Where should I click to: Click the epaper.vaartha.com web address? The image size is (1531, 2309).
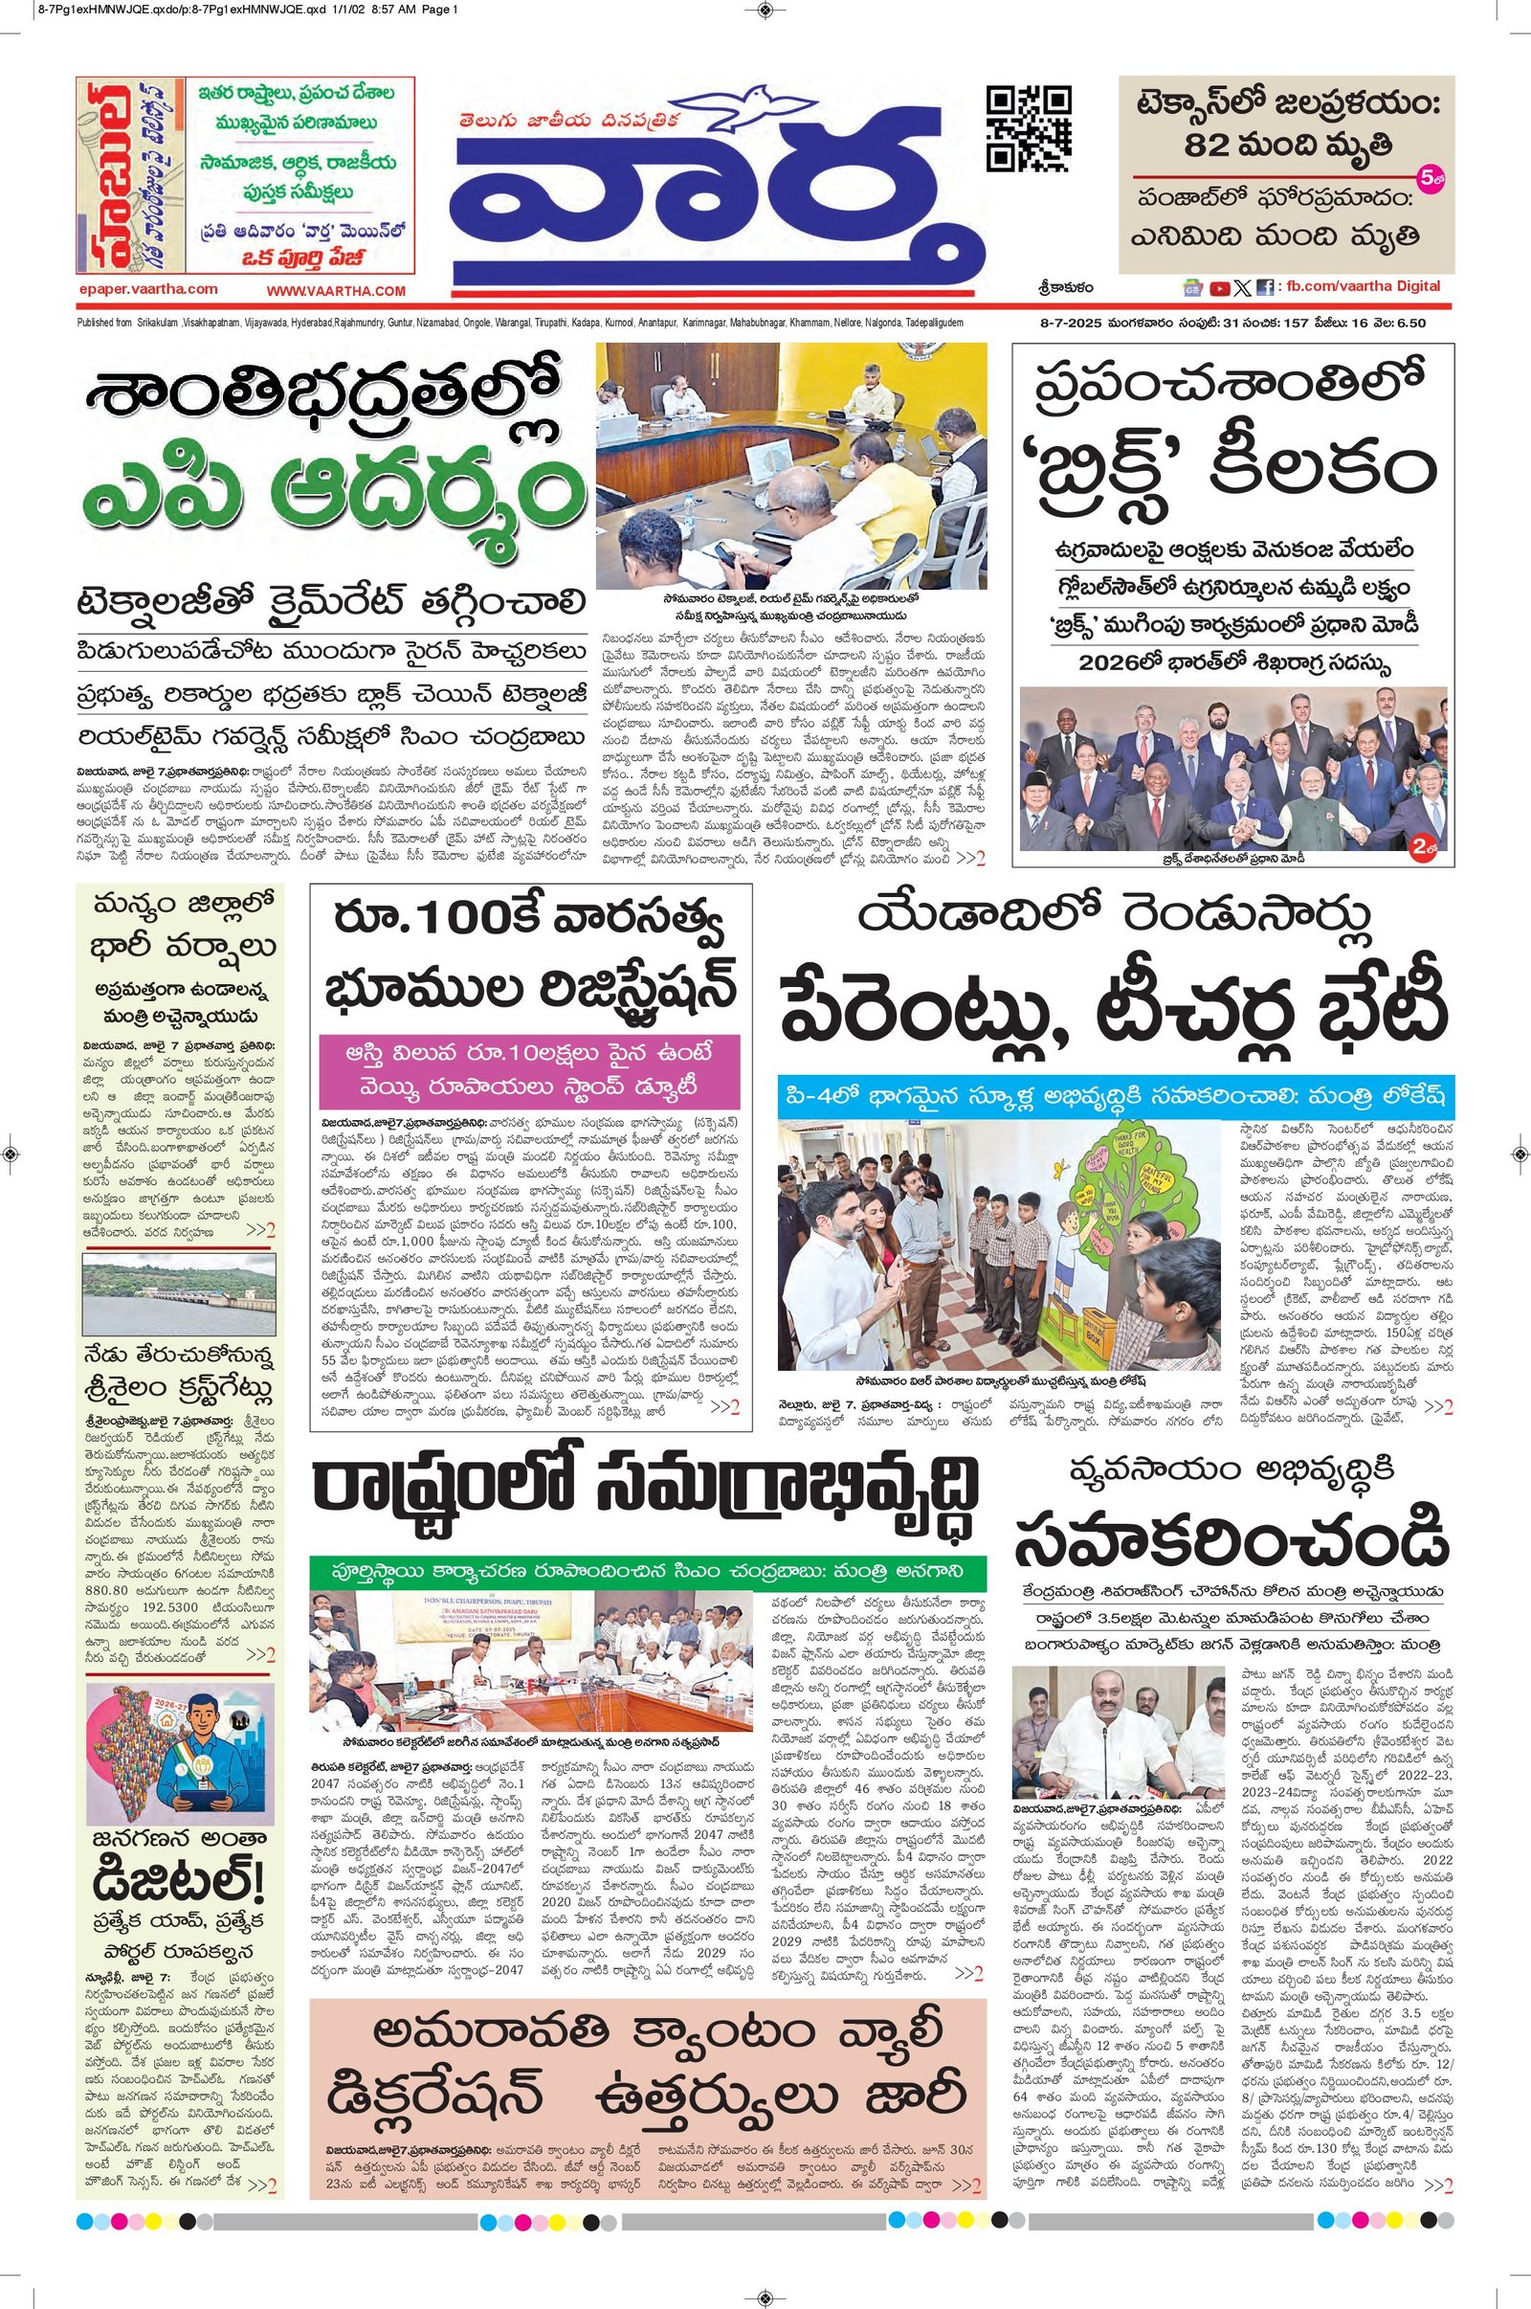pos(148,289)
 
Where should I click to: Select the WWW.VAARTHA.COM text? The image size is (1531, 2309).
pos(336,291)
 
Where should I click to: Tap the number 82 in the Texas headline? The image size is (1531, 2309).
pos(1210,146)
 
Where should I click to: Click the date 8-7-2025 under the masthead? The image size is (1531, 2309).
pos(1069,324)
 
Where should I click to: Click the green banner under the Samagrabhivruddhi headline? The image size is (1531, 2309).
pos(648,1572)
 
